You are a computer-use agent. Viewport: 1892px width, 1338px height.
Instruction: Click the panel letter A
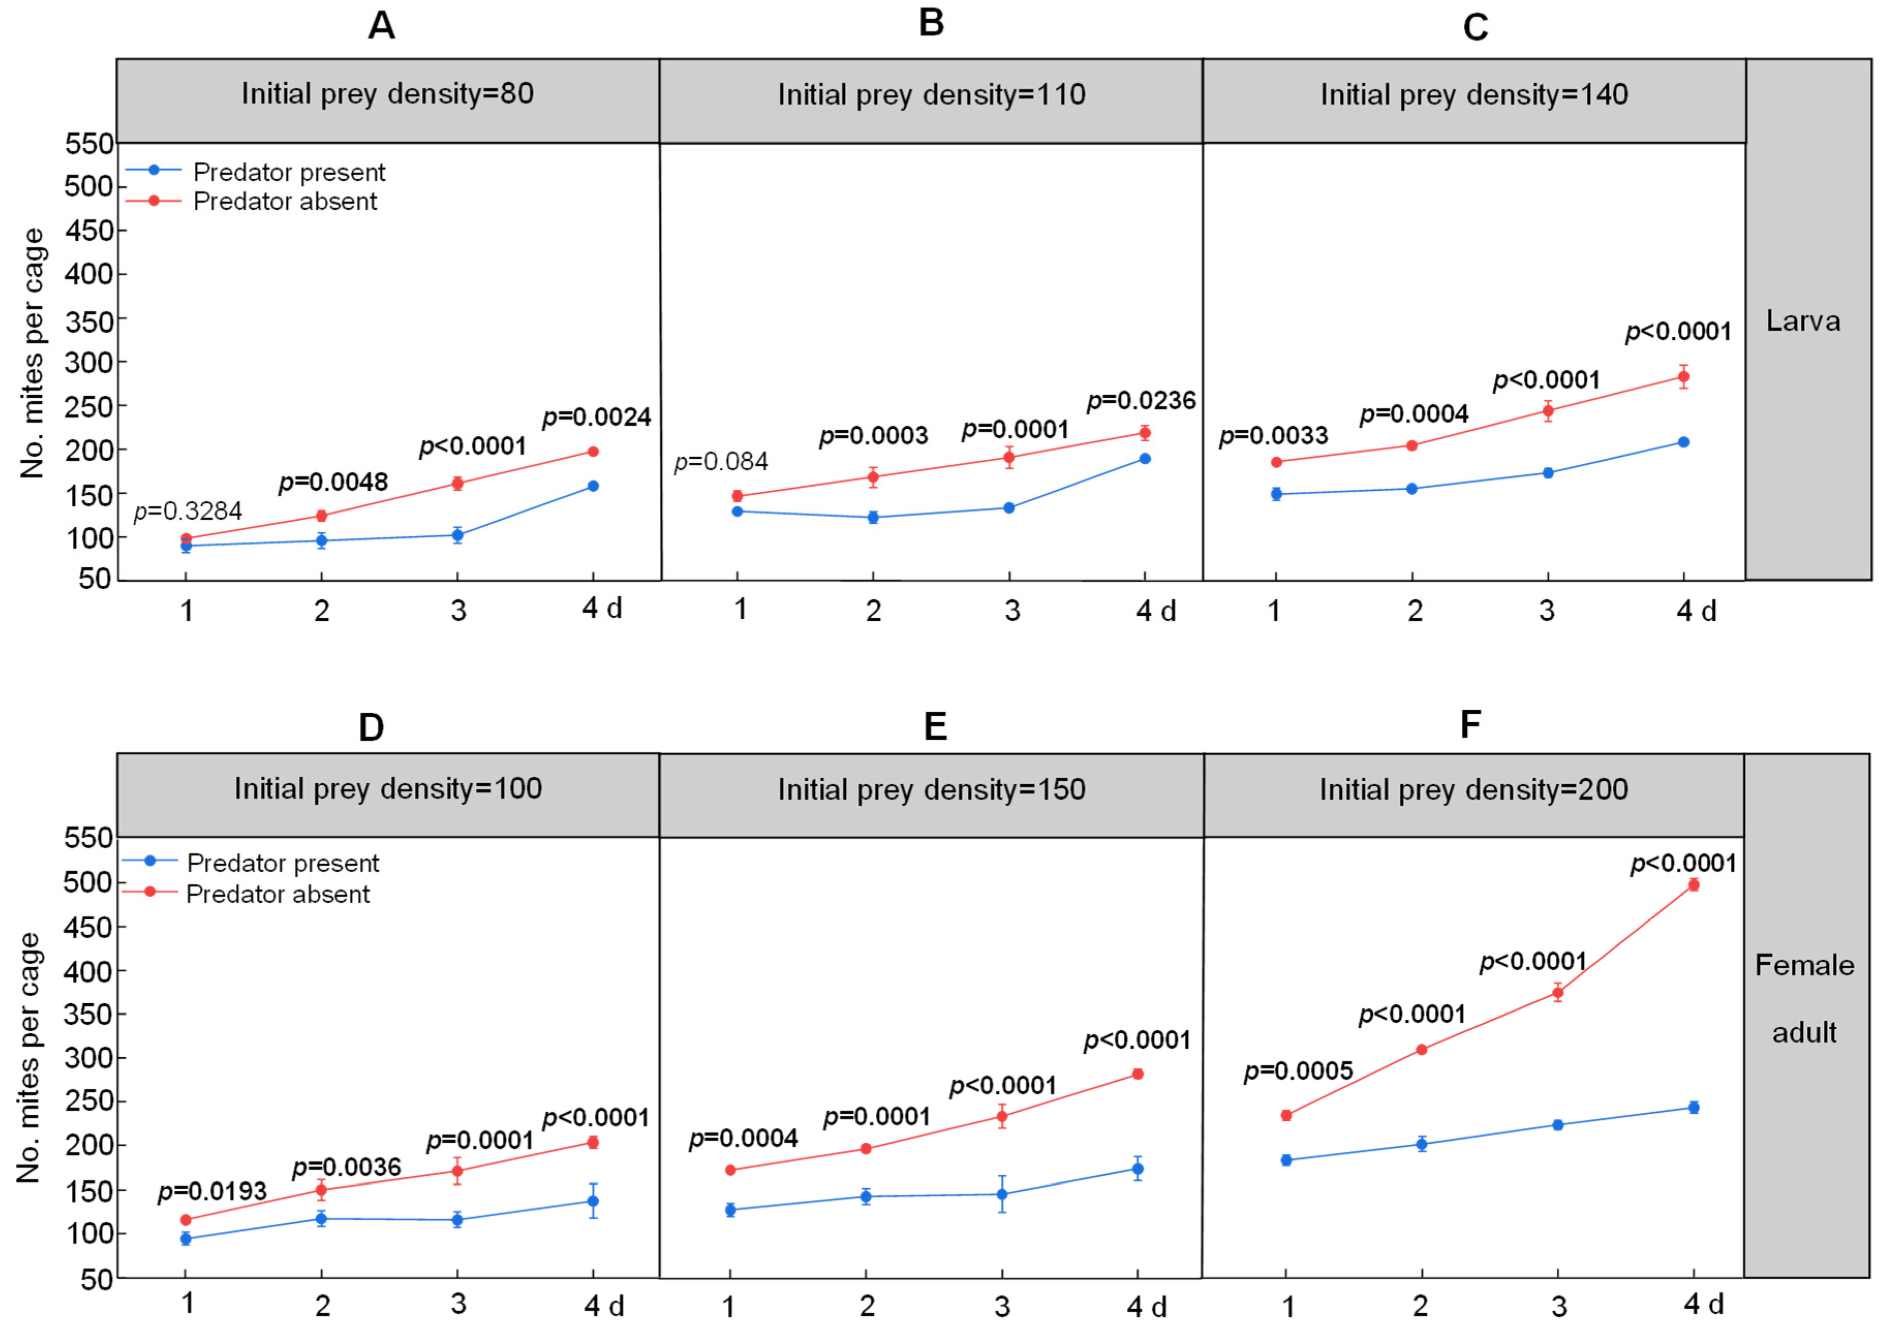click(381, 25)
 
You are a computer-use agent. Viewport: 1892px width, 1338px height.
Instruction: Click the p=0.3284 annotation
click(188, 511)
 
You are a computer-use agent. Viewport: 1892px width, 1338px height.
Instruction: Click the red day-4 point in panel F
click(1694, 885)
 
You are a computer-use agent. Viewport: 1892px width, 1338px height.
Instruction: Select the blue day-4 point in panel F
click(1694, 1107)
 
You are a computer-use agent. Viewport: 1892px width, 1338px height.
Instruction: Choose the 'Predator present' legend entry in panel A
click(288, 172)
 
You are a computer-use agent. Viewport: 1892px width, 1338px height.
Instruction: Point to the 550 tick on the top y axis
click(89, 144)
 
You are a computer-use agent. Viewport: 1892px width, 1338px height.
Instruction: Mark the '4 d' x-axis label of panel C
click(1696, 611)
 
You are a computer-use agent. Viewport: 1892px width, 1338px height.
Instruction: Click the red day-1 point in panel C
click(1277, 462)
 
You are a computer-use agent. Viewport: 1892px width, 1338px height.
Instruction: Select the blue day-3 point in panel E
click(1002, 1194)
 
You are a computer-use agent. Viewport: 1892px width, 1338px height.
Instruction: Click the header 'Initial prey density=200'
click(1474, 789)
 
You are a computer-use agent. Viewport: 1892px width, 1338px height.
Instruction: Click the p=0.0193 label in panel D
click(212, 1191)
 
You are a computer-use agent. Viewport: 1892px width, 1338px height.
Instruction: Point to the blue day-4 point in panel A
click(593, 486)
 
